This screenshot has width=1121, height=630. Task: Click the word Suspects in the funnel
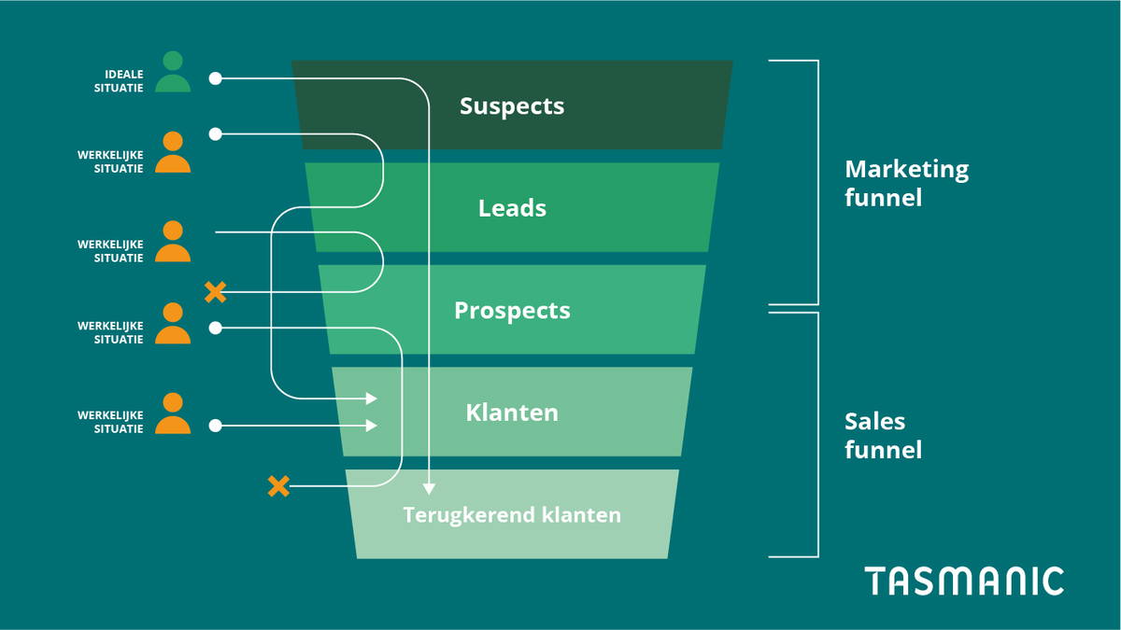coord(512,106)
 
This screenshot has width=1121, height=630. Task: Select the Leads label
coord(512,208)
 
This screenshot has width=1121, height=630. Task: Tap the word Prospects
coord(512,310)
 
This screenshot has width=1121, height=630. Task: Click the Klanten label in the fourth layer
coord(512,413)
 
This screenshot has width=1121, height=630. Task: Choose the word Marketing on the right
coord(906,170)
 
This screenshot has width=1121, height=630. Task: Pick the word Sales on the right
coord(874,422)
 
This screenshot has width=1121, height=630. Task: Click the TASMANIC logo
coord(963,581)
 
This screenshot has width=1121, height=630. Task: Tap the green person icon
coord(173,73)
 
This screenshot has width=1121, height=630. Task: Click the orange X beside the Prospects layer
coord(215,292)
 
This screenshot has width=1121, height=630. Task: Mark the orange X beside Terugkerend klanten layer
coord(278,485)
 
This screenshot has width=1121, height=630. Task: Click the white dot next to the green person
coord(215,78)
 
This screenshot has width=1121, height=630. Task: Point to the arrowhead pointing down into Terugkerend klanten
coord(429,488)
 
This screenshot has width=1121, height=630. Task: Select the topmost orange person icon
coord(173,153)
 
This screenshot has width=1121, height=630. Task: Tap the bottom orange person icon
coord(173,414)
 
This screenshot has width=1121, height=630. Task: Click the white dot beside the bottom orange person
coord(215,426)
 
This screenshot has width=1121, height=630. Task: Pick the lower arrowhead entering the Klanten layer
coord(372,426)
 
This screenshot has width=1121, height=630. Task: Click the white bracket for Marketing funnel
coord(817,182)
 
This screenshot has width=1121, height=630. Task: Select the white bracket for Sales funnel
coord(817,434)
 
